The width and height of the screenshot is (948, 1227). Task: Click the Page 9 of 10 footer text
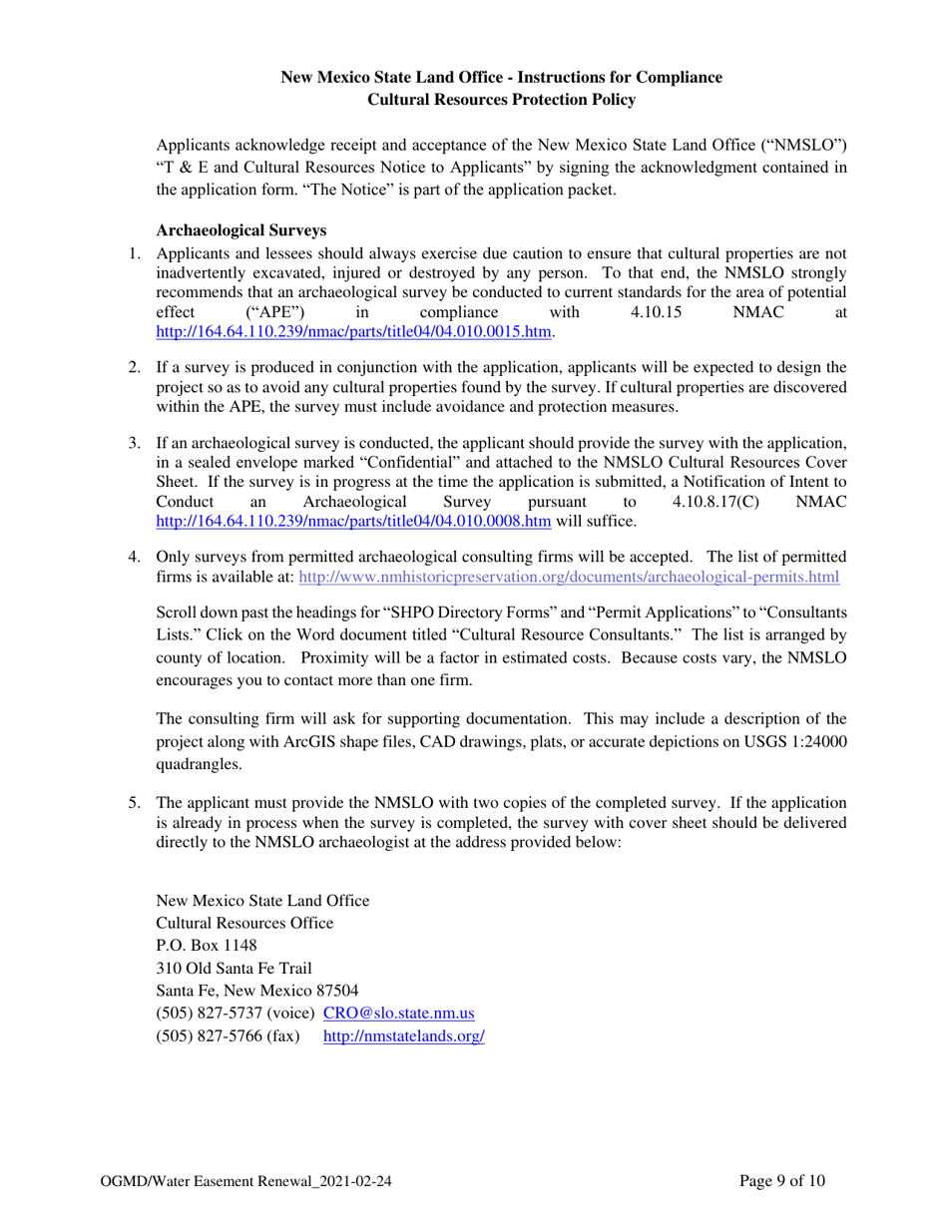(x=782, y=1181)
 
